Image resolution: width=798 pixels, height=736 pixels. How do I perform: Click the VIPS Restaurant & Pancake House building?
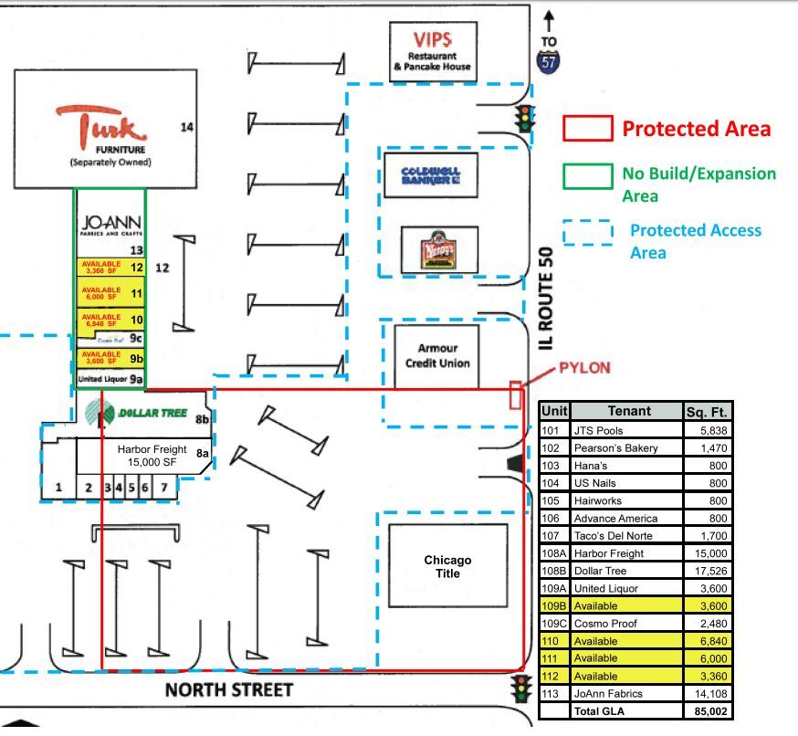[x=433, y=51]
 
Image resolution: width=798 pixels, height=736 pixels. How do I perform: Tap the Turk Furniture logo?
[x=101, y=124]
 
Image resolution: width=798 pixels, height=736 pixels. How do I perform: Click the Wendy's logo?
[x=438, y=250]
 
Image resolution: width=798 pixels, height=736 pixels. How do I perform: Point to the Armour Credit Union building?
[x=436, y=355]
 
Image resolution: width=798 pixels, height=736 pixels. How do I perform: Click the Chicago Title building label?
[x=447, y=566]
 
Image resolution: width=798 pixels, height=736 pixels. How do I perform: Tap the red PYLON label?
[x=584, y=368]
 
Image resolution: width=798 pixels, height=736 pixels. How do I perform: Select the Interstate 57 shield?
[x=549, y=62]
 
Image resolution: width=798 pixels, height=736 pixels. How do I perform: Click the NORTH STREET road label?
[x=229, y=689]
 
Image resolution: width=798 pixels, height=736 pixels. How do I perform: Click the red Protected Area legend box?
[x=587, y=128]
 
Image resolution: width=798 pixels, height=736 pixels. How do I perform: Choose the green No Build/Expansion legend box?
[x=587, y=175]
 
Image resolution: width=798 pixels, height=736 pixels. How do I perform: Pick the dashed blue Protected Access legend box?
[x=587, y=234]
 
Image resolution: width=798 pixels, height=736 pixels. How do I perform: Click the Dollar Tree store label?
[x=152, y=414]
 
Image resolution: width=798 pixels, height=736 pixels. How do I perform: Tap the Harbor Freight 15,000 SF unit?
[x=151, y=455]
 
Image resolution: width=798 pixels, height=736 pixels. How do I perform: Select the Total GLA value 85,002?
[x=709, y=710]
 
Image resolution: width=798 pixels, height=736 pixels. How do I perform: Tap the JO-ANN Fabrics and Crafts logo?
[x=110, y=224]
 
